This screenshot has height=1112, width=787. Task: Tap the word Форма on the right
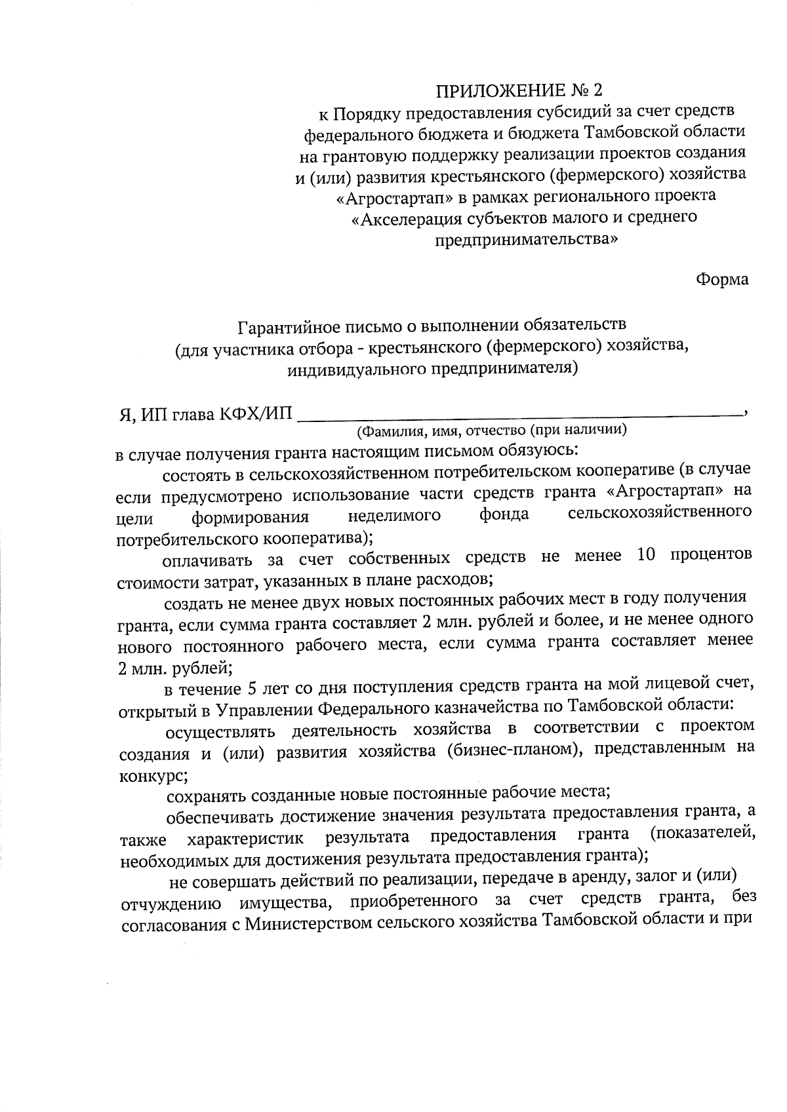pyautogui.click(x=721, y=280)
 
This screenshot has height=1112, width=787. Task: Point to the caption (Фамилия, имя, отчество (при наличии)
pyautogui.click(x=492, y=431)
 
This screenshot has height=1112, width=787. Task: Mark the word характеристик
pyautogui.click(x=247, y=838)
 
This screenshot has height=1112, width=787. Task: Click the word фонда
pyautogui.click(x=504, y=515)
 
